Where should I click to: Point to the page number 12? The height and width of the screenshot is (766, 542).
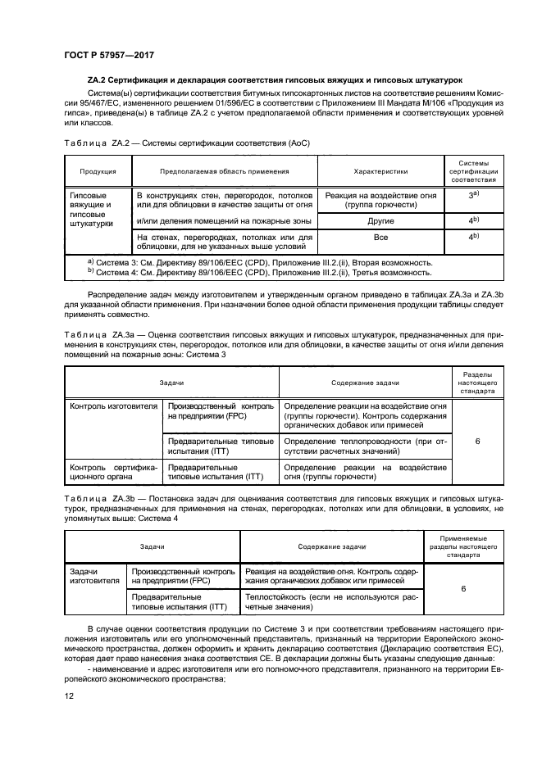[x=69, y=696]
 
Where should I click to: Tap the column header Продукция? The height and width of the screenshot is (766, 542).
[x=98, y=172]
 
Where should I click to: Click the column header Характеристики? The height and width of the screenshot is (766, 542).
[x=380, y=172]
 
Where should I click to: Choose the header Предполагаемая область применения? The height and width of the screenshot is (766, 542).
[x=223, y=172]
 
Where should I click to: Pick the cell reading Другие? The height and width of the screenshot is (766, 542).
[x=380, y=220]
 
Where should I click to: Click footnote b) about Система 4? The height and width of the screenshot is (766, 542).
[x=259, y=272]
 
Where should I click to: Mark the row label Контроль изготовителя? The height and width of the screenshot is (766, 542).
[x=113, y=406]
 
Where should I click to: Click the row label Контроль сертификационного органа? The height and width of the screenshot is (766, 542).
[x=113, y=472]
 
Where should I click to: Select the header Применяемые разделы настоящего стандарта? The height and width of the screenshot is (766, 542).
[x=463, y=544]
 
